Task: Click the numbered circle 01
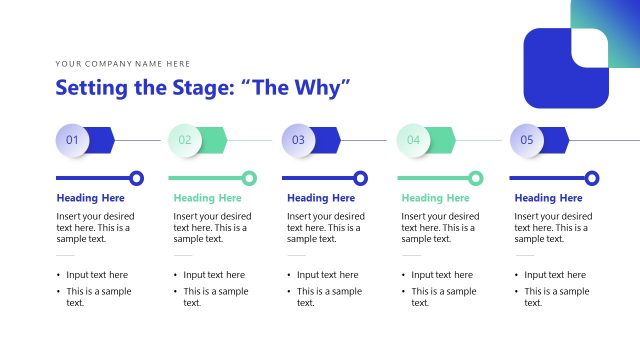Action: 72,140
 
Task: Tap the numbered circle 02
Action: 185,140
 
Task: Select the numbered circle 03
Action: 298,140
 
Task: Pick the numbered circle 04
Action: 413,140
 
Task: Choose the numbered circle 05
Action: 527,140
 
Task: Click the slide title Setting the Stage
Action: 203,88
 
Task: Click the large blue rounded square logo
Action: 566,68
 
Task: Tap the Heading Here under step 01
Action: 91,198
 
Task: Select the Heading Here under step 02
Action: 207,198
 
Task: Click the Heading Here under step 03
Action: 321,198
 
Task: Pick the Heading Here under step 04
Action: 436,198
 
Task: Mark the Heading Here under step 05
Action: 549,198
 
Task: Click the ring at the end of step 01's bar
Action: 137,178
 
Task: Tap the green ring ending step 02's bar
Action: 250,178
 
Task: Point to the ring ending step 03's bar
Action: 364,178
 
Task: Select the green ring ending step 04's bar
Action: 479,178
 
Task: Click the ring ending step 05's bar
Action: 592,178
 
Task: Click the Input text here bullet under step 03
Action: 327,274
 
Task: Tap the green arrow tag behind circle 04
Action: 437,140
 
